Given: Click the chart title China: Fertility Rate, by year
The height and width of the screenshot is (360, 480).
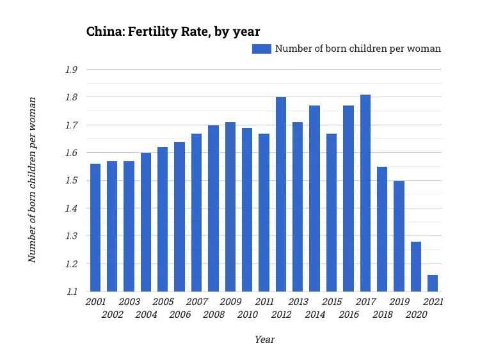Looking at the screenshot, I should (x=173, y=31).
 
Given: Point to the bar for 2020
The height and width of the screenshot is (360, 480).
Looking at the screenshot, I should (x=416, y=266).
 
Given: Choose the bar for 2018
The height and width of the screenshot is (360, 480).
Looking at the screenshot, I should (x=382, y=229).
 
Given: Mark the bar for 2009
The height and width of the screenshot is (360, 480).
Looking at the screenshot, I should (x=230, y=207).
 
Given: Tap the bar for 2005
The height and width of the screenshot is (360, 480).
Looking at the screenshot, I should (x=163, y=219).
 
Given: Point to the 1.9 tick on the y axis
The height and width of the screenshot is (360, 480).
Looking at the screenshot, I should (x=71, y=70).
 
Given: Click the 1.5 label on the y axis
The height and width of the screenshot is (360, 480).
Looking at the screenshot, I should (x=71, y=180).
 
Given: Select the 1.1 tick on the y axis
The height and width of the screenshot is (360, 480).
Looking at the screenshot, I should (x=71, y=291).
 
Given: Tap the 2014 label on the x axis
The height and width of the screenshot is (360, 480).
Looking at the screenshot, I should (x=314, y=315).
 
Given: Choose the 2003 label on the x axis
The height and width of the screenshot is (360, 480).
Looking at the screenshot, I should (x=129, y=302).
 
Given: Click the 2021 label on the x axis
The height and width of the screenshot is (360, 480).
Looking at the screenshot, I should (x=433, y=302).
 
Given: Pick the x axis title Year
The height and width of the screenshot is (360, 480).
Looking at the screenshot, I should (x=264, y=340).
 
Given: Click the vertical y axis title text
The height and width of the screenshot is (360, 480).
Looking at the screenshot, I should (x=32, y=180).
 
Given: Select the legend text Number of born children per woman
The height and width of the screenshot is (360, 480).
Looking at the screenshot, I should (x=358, y=49).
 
